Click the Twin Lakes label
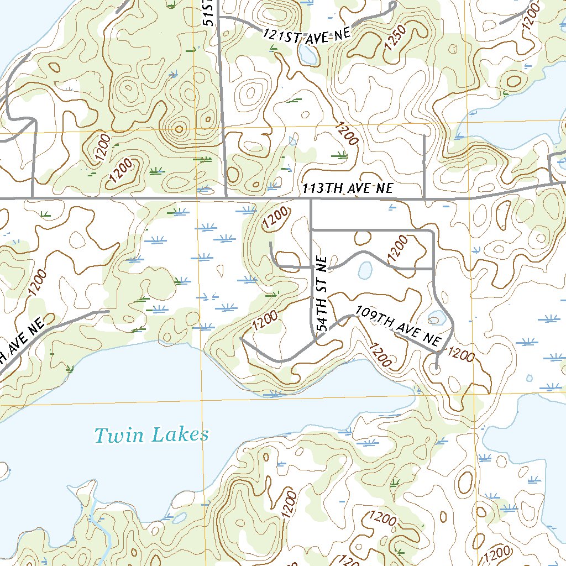(x=151, y=435)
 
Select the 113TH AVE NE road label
(x=348, y=188)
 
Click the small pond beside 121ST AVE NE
(x=305, y=54)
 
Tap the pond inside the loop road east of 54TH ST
(x=364, y=270)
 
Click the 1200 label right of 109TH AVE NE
(x=459, y=354)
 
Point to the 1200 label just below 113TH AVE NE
(x=275, y=218)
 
